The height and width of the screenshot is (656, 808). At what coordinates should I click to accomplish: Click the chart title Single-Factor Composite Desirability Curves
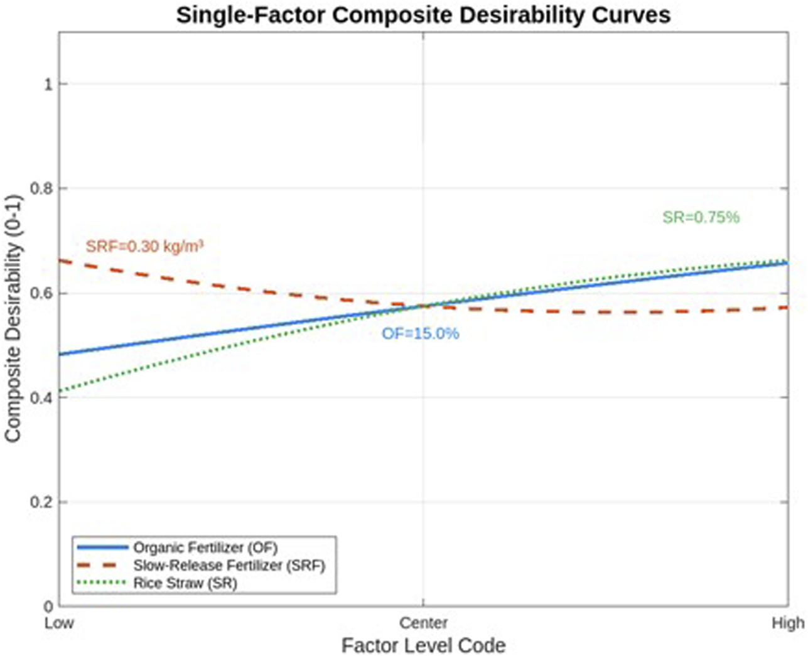423,14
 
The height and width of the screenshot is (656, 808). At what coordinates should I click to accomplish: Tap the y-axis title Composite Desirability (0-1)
13,318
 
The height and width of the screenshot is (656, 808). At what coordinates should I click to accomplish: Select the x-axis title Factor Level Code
423,645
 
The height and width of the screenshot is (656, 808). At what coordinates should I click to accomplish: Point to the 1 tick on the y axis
48,84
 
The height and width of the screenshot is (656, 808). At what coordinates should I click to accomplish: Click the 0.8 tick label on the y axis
41,188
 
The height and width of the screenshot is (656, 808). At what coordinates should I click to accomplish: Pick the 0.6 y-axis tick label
41,293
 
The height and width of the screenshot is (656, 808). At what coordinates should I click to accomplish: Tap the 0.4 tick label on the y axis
41,397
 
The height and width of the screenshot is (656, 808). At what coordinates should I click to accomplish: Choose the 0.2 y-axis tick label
41,502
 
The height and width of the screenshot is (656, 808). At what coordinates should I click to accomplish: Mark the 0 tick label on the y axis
48,606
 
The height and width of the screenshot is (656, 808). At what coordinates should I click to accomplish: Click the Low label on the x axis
59,623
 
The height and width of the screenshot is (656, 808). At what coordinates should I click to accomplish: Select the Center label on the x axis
423,623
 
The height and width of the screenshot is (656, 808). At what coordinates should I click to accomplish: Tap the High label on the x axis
787,623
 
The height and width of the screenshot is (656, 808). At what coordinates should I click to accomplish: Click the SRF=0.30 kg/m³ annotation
144,246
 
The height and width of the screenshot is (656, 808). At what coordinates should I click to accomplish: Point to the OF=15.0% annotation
420,333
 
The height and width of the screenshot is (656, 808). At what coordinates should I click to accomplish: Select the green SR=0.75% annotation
701,217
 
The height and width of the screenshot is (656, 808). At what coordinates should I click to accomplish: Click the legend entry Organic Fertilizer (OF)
205,547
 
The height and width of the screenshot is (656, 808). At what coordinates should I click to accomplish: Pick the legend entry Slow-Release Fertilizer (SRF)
229,566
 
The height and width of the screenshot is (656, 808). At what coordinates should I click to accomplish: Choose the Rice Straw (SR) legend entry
185,583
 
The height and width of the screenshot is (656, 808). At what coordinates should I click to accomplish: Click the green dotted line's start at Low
60,392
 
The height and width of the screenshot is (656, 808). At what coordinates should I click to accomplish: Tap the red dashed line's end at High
787,308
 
